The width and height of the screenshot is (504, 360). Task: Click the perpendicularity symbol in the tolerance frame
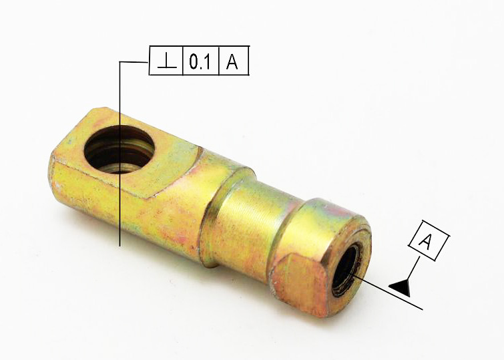pos(167,61)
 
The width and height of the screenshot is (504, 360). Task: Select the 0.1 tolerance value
pos(200,61)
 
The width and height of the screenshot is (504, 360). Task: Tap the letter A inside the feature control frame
pos(232,61)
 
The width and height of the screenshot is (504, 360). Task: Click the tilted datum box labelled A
pos(429,240)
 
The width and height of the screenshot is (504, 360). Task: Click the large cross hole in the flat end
pos(119,149)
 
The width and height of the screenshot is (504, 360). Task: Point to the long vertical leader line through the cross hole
pos(119,154)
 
